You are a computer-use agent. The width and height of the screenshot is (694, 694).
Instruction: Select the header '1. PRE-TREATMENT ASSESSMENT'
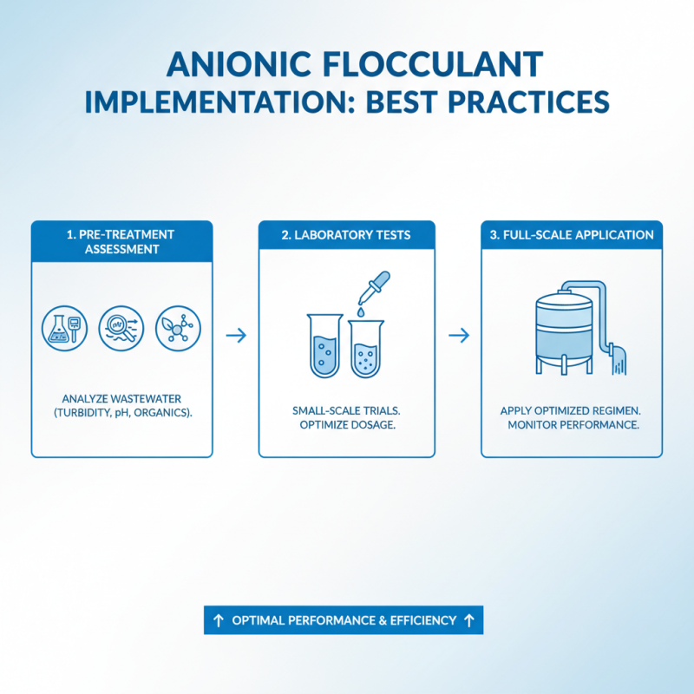[x=121, y=242]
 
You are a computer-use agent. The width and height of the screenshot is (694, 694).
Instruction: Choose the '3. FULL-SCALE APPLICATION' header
[x=572, y=235]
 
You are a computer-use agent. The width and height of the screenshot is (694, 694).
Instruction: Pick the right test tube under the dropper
[x=365, y=350]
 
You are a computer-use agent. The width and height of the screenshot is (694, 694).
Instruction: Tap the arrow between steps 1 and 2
[x=235, y=335]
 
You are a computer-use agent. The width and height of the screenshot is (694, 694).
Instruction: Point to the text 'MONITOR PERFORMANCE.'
[x=571, y=425]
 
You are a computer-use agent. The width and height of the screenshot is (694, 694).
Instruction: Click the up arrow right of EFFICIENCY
[x=469, y=620]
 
